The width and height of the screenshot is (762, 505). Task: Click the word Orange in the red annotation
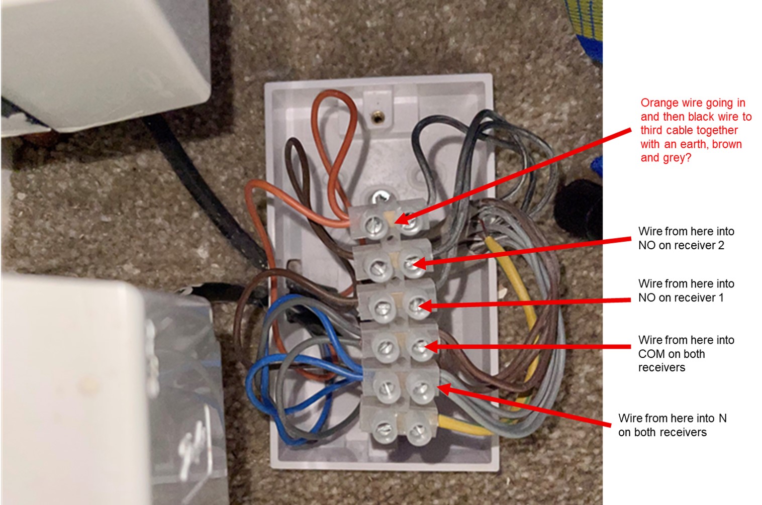tap(659, 103)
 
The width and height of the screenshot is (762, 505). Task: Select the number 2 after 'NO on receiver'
tap(720, 245)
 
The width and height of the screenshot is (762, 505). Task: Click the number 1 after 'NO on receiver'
tap(720, 297)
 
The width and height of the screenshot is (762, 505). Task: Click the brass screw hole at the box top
tap(377, 118)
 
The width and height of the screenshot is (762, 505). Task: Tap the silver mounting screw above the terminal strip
tap(380, 196)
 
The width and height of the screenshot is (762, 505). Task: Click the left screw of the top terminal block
tap(373, 225)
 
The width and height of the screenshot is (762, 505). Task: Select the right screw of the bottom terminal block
tap(418, 432)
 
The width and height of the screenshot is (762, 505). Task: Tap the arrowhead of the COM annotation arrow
tap(431, 347)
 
